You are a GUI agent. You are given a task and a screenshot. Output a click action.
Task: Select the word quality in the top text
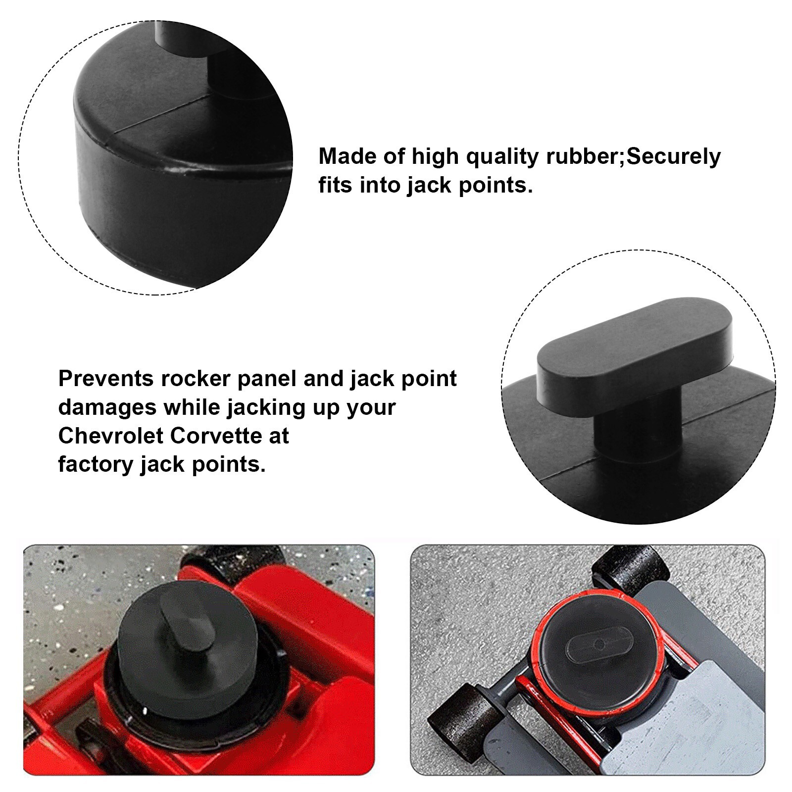tap(502, 157)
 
